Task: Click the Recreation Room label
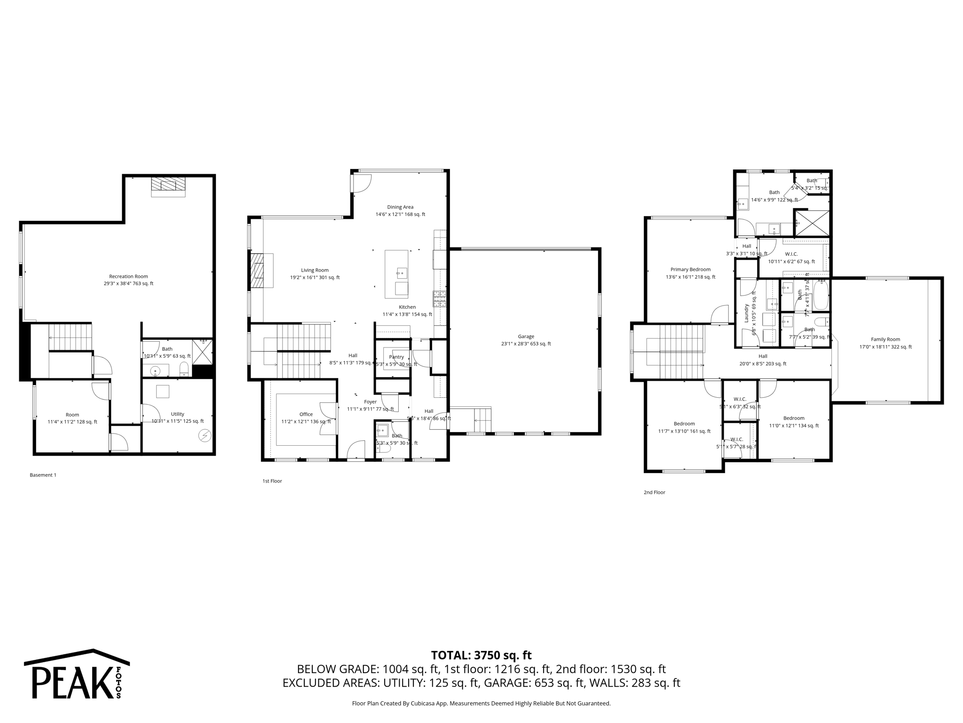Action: pyautogui.click(x=128, y=277)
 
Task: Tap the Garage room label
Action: pyautogui.click(x=526, y=337)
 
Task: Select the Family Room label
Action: pyautogui.click(x=885, y=339)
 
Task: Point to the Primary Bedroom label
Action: pyautogui.click(x=690, y=270)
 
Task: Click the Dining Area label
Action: pyautogui.click(x=400, y=207)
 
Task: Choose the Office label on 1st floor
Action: pyautogui.click(x=306, y=414)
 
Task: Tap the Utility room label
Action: pyautogui.click(x=177, y=414)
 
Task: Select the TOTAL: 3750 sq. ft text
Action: pyautogui.click(x=481, y=655)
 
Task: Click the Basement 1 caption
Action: pyautogui.click(x=43, y=475)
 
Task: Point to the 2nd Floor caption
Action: pyautogui.click(x=654, y=492)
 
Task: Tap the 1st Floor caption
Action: pyautogui.click(x=272, y=481)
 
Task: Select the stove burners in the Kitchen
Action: pyautogui.click(x=439, y=298)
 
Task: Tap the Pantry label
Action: pyautogui.click(x=396, y=357)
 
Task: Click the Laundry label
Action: pyautogui.click(x=746, y=313)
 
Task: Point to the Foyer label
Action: pyautogui.click(x=370, y=402)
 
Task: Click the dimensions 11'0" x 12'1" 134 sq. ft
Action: pyautogui.click(x=794, y=426)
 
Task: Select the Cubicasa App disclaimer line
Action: pyautogui.click(x=481, y=703)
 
